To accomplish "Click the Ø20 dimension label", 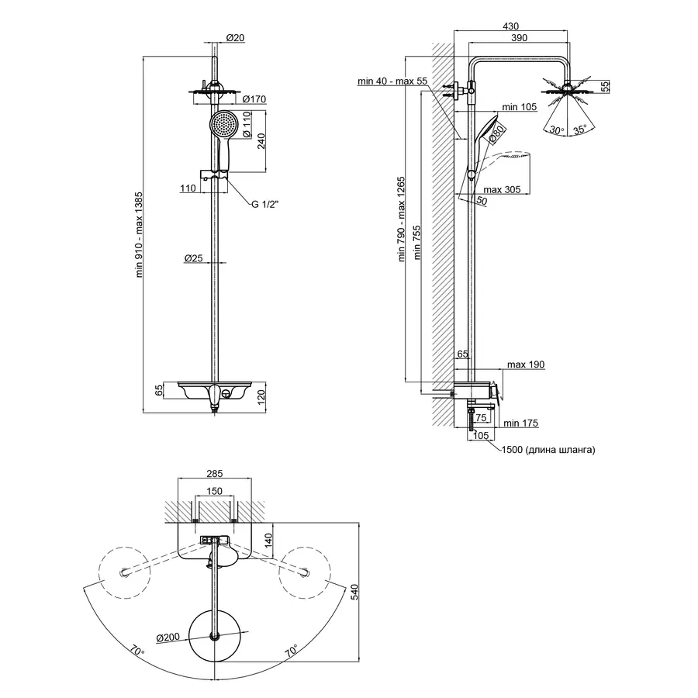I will tap(235, 39).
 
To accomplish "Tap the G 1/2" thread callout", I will tap(264, 206).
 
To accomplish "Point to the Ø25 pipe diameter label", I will tap(194, 258).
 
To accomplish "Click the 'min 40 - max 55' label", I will tap(392, 81).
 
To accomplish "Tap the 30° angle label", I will tap(556, 130).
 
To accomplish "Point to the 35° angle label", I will tap(580, 130).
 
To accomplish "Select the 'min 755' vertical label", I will tap(417, 240).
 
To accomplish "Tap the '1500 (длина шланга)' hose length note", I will tap(548, 450).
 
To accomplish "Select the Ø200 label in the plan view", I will tap(168, 638).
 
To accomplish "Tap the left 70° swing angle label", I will tap(137, 652).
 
